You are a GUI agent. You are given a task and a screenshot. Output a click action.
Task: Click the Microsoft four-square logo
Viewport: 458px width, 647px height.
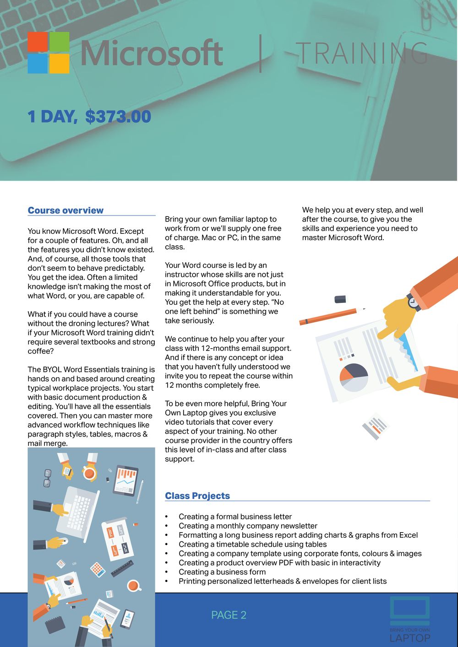(49, 53)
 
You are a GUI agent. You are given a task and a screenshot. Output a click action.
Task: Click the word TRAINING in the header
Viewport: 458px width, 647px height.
(362, 53)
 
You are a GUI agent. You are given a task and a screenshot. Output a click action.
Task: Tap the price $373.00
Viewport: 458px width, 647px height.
(118, 116)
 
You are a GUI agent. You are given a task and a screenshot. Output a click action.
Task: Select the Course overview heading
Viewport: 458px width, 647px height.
(65, 210)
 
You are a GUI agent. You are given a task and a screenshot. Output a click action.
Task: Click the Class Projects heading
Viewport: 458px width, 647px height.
(197, 496)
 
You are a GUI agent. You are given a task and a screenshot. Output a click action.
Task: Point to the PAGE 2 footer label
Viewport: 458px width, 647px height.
(229, 615)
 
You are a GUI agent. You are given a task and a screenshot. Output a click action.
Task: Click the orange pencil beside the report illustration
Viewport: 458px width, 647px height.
(328, 317)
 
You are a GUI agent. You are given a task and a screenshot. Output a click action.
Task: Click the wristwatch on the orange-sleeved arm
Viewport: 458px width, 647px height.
(414, 302)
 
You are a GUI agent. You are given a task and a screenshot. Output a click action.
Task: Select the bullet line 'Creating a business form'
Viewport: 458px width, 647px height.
(222, 572)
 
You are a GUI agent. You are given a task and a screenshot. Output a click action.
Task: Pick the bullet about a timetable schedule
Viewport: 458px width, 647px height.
(252, 545)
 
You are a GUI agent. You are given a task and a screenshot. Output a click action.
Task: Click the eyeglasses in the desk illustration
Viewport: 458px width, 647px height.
(47, 478)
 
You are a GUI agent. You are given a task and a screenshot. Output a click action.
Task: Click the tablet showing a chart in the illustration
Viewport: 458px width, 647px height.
(125, 480)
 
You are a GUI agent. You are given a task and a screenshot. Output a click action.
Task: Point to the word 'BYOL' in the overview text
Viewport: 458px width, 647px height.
(52, 370)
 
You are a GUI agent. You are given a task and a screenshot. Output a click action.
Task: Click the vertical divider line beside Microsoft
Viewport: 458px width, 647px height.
(261, 53)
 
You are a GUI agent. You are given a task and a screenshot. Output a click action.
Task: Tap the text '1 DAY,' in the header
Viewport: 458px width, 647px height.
(52, 116)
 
